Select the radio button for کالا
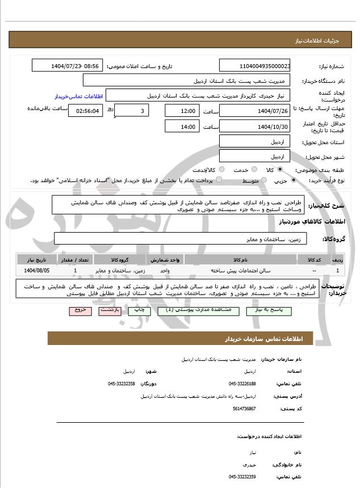click(x=279, y=170)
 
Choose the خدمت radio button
click(x=253, y=170)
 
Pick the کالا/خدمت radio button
click(x=221, y=170)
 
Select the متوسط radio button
click(x=263, y=180)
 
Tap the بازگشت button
click(x=110, y=311)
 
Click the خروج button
click(x=79, y=311)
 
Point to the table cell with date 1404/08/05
click(x=37, y=271)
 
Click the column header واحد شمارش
click(x=165, y=260)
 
